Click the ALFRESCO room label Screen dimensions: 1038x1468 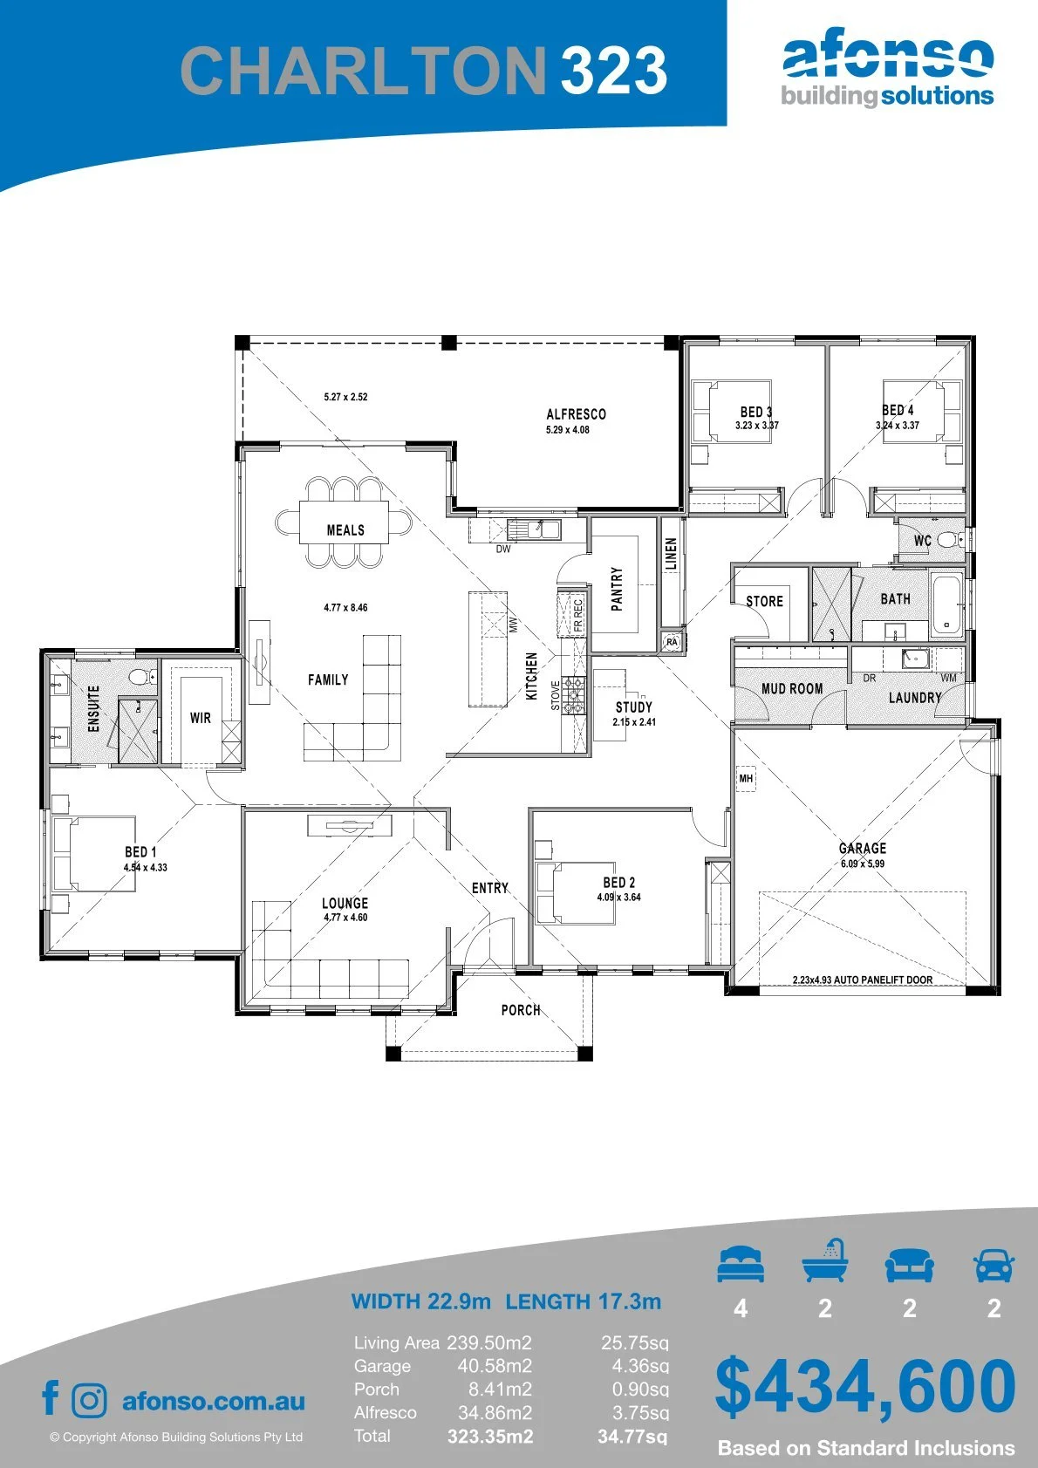click(x=576, y=414)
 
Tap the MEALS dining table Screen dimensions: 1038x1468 click(x=344, y=522)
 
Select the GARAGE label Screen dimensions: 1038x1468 click(x=863, y=848)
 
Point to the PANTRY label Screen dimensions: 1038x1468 click(x=617, y=589)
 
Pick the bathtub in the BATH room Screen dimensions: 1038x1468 click(x=946, y=604)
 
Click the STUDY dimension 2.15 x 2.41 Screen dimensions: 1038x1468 click(x=634, y=722)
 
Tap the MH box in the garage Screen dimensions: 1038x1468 click(x=746, y=779)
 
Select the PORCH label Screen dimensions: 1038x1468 click(x=521, y=1011)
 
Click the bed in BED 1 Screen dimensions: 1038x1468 click(x=94, y=854)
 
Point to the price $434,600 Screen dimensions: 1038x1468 click(x=865, y=1386)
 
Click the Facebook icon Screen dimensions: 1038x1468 click(x=51, y=1398)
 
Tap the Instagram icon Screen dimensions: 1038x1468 click(x=89, y=1400)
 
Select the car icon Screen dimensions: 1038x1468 click(x=994, y=1264)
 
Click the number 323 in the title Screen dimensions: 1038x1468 click(x=614, y=70)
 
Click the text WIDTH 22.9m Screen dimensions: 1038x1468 click(x=420, y=1301)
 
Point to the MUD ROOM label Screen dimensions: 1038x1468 click(x=792, y=689)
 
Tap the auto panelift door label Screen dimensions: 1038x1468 click(x=863, y=980)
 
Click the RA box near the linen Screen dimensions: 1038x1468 click(x=672, y=642)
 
